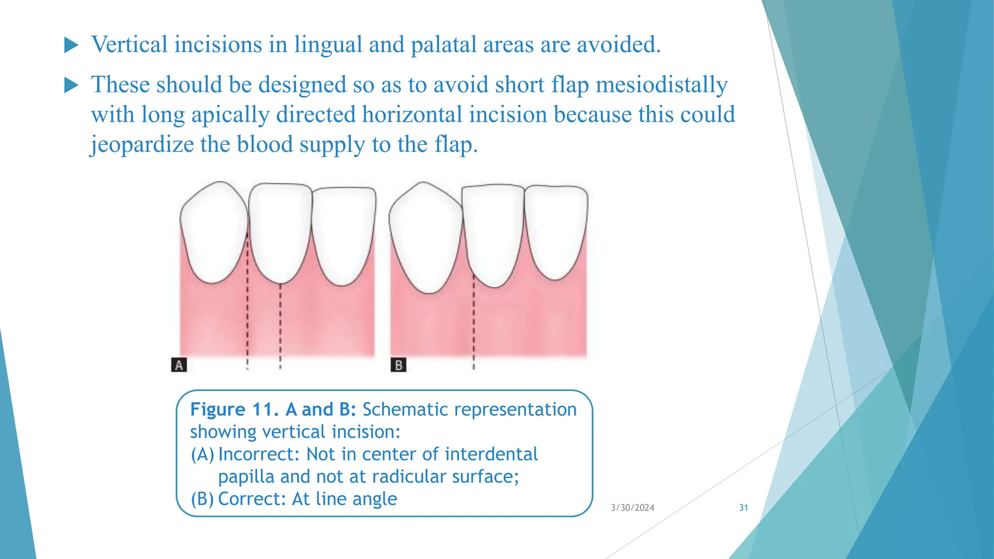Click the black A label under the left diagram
179,365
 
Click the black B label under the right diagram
398,365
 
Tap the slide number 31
743,508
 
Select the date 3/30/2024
632,508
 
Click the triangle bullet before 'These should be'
71,85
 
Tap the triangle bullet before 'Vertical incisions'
71,46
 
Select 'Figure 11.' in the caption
234,410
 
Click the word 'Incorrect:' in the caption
259,454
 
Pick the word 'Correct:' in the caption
252,499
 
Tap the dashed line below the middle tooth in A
281,325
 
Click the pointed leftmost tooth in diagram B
425,238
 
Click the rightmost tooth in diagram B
556,230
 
